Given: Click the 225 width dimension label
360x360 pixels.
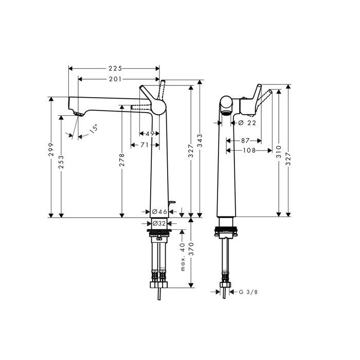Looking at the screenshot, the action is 115,68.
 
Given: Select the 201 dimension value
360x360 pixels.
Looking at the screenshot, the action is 115,79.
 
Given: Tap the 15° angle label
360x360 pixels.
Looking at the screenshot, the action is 93,129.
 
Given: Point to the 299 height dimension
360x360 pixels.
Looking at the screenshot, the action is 51,150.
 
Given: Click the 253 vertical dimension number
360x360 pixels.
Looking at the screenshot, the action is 61,162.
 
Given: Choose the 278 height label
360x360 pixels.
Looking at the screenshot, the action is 122,160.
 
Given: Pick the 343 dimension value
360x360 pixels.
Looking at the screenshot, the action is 200,140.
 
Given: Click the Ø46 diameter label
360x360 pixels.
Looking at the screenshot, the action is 159,211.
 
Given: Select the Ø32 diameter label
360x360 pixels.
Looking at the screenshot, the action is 159,223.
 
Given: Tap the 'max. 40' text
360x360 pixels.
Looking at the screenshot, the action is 183,257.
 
